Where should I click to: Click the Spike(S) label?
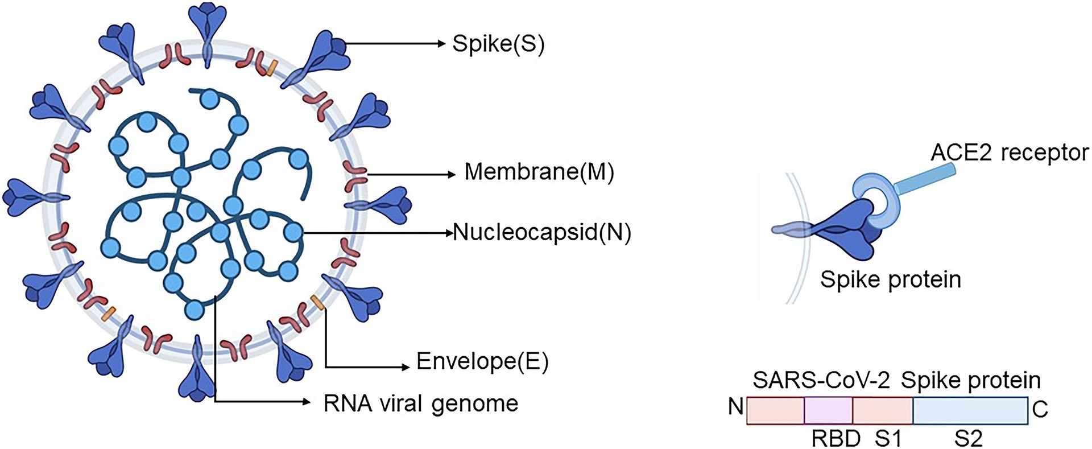[498, 44]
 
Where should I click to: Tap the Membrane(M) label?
[539, 172]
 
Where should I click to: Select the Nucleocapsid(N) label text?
[542, 233]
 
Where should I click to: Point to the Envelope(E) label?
[482, 361]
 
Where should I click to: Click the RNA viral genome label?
[421, 403]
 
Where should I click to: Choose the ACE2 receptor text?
[1010, 153]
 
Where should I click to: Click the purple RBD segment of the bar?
[829, 410]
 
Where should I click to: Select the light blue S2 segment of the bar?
[970, 410]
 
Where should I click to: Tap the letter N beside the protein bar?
[736, 407]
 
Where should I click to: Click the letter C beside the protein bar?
[1040, 409]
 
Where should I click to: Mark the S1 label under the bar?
[888, 439]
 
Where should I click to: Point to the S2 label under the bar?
[968, 439]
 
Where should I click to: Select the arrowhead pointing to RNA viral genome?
[308, 402]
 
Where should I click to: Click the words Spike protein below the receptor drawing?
[890, 279]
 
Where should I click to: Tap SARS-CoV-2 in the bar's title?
[821, 380]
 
